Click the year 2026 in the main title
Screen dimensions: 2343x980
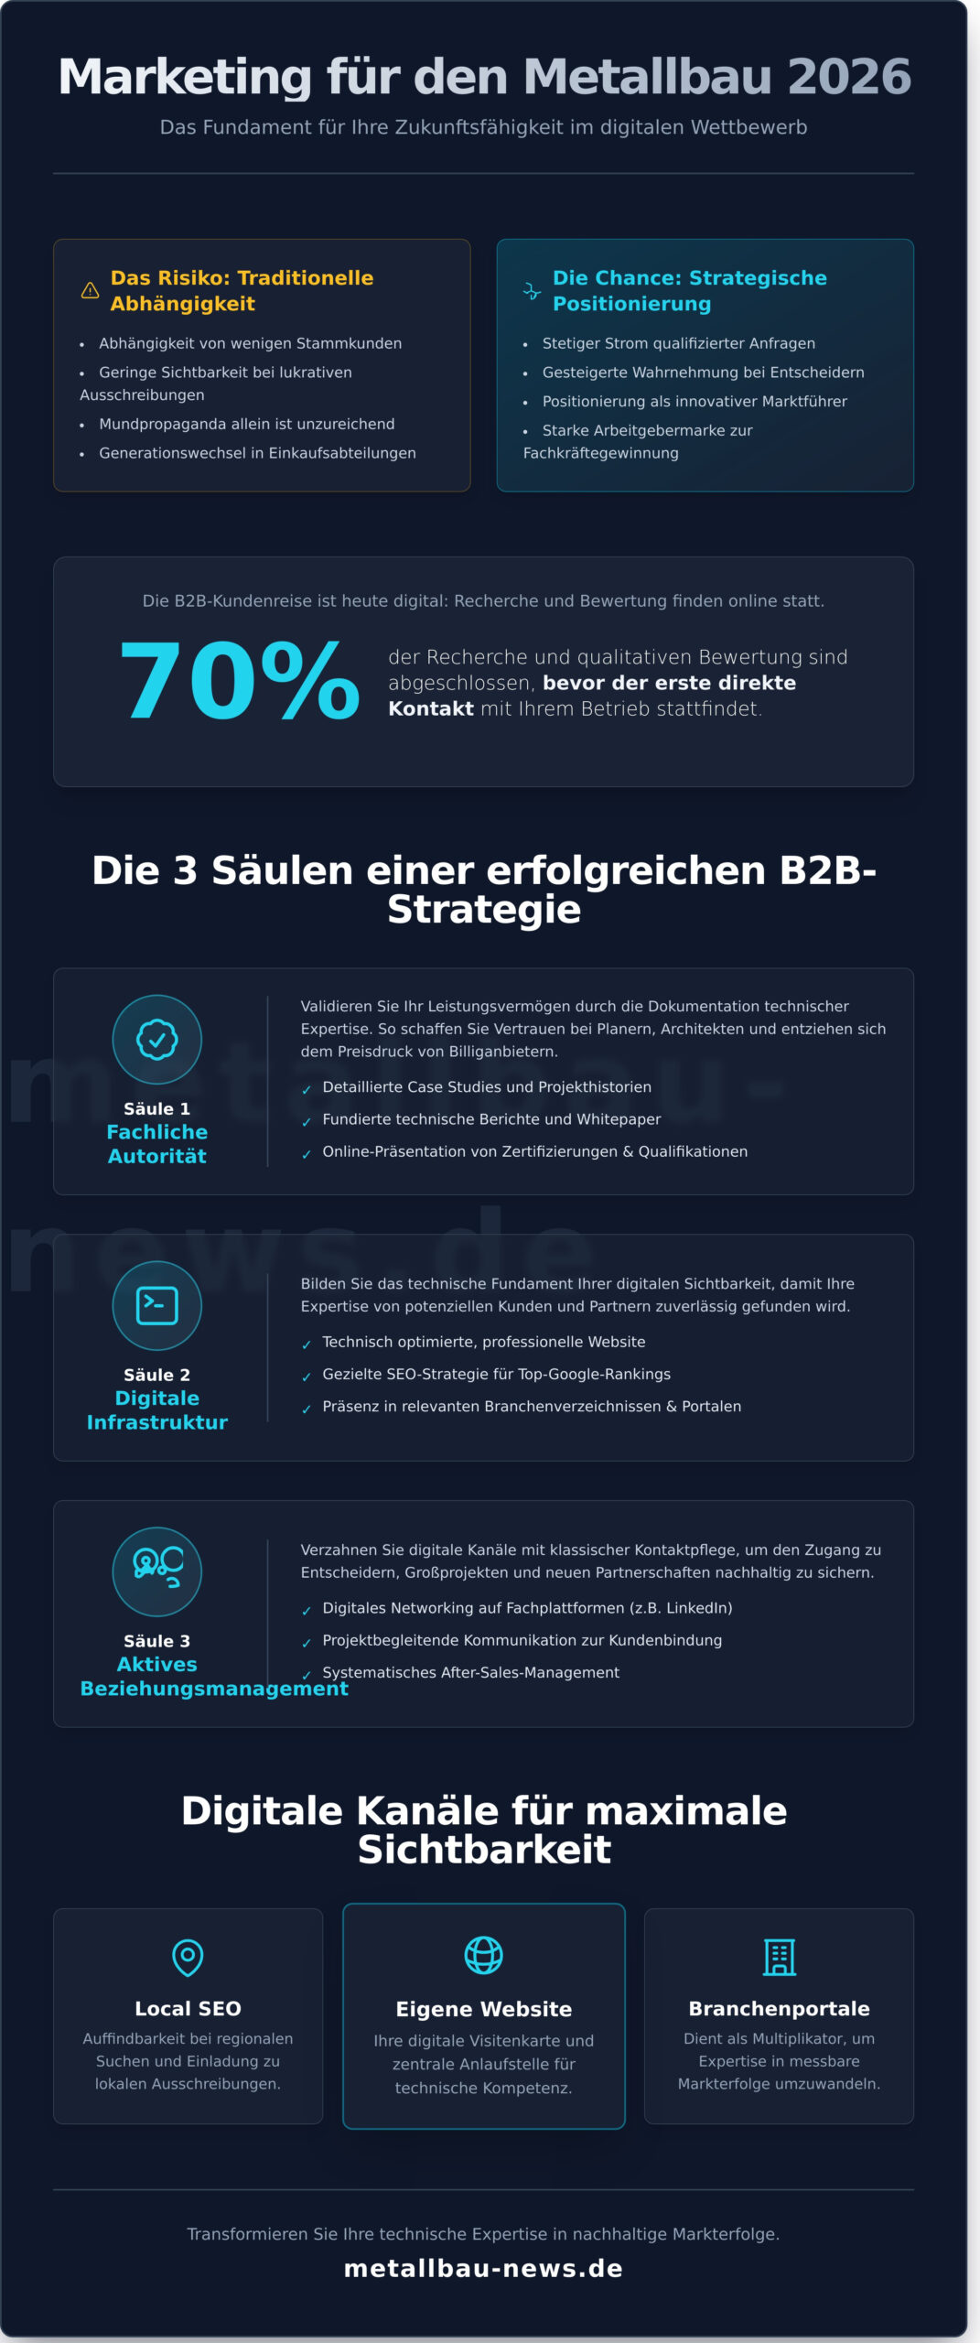[x=848, y=77]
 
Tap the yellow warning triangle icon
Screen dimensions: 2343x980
[x=90, y=291]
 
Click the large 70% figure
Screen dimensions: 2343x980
[x=240, y=682]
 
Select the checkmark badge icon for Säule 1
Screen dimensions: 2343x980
[x=157, y=1040]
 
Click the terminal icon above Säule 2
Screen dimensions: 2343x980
[x=157, y=1306]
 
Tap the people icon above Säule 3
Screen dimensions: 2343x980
[x=157, y=1571]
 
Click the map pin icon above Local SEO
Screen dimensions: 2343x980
[x=188, y=1957]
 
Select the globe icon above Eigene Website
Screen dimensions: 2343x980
[x=483, y=1955]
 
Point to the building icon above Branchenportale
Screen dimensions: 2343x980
[x=779, y=1957]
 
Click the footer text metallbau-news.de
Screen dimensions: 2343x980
[x=483, y=2269]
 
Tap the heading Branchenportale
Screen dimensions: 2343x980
[x=779, y=2009]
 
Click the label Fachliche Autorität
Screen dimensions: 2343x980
[x=157, y=1144]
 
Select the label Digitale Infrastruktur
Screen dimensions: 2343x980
[x=157, y=1410]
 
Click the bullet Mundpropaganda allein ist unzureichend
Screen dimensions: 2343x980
[x=247, y=425]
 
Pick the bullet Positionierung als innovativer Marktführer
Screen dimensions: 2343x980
[x=695, y=402]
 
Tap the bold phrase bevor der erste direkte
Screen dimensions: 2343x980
[x=669, y=684]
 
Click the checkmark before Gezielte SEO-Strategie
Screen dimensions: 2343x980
[x=307, y=1377]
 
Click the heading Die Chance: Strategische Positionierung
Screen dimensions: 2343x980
[x=689, y=291]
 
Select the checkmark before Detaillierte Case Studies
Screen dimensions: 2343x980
[x=307, y=1089]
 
